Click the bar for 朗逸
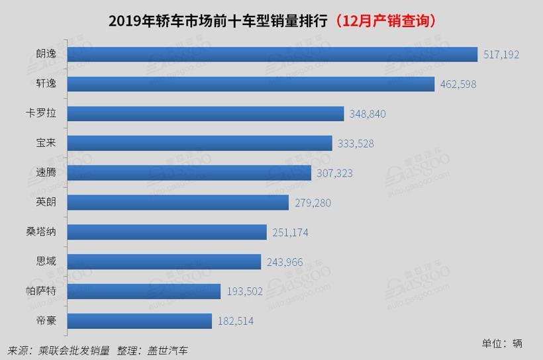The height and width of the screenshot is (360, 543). point(272,54)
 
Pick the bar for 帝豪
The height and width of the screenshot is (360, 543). point(140,321)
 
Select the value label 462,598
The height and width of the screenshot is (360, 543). point(458,85)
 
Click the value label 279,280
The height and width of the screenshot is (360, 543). point(313,202)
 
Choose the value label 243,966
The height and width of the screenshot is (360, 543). point(285,262)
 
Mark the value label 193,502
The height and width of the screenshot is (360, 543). point(244,292)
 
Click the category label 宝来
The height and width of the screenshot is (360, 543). point(46,143)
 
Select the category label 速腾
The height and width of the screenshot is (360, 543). point(46,173)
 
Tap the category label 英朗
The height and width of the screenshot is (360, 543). point(46,202)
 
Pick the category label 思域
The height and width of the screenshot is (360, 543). point(46,261)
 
